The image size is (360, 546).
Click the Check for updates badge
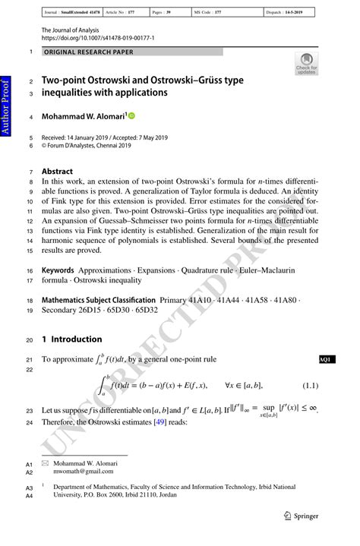tap(307, 64)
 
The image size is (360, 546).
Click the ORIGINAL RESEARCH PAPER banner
tap(89, 52)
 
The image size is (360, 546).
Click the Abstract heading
tap(57, 172)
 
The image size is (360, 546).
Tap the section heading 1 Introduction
tap(71, 339)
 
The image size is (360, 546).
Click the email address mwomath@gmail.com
tap(80, 471)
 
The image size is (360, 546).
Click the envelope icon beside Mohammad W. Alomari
tap(46, 462)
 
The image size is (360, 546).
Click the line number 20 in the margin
tap(30, 339)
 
